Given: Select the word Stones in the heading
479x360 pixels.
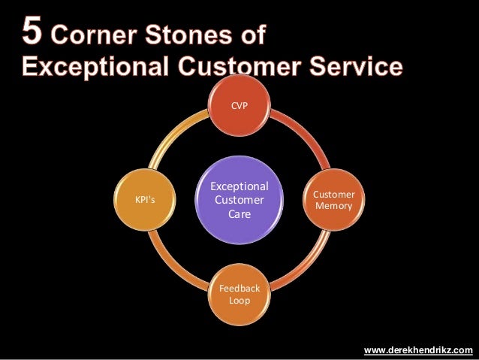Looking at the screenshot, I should coord(187,36).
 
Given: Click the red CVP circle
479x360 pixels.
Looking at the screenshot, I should coord(239,106).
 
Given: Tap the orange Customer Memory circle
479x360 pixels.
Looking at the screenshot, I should coord(334,199).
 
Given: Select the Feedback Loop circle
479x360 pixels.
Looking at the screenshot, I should coord(239,294).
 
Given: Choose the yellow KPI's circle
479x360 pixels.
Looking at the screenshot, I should coord(145,199).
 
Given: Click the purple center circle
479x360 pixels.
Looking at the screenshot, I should coord(239,199).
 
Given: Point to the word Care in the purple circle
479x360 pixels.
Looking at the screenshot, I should coord(239,214).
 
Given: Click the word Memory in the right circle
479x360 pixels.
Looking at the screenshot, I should coord(334,205).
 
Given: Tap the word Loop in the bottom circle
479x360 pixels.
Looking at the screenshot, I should coord(239,301).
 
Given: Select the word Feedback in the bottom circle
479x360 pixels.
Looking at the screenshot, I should coord(239,288).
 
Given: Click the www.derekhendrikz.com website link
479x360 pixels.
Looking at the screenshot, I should coord(418,350).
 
